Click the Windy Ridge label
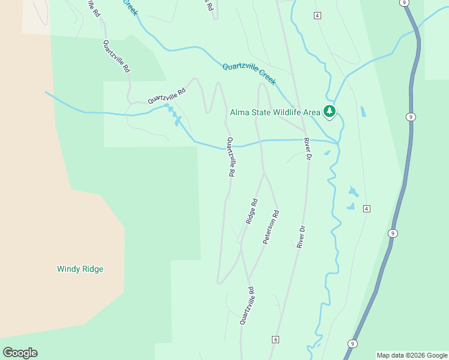point(80,269)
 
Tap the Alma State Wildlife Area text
point(276,112)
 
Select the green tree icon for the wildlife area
point(329,111)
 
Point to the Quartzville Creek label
point(249,74)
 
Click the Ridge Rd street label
point(252,211)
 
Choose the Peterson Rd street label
point(271,226)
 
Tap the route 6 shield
point(275,340)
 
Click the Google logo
point(20,353)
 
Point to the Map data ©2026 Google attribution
point(412,355)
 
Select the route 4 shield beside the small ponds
point(367,208)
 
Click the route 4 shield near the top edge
point(316,15)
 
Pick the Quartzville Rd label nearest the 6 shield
point(247,306)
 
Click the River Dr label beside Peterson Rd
point(301,236)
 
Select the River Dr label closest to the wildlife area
point(307,148)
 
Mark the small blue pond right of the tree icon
point(363,112)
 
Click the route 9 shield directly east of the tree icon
point(409,116)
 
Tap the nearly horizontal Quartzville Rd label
point(167,95)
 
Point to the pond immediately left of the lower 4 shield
point(351,207)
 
